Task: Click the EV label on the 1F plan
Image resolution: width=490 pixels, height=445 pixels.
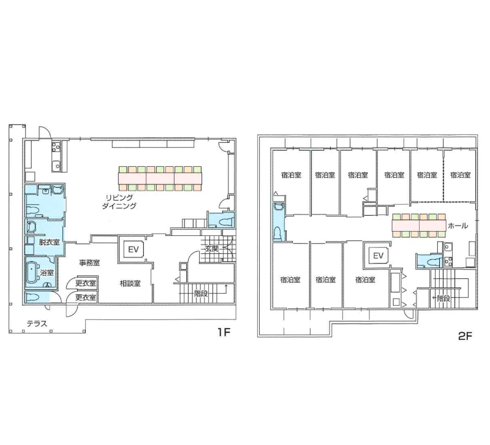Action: tap(134, 249)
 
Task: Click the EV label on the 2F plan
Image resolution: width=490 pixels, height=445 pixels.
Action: tap(378, 256)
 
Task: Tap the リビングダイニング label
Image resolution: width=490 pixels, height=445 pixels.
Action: tap(119, 202)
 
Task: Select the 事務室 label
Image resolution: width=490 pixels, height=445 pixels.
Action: tap(89, 263)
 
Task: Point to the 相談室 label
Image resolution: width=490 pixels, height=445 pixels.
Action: tap(130, 283)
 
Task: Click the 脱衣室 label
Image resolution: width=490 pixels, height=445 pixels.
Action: tap(49, 242)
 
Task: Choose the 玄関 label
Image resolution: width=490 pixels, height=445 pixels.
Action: tap(211, 249)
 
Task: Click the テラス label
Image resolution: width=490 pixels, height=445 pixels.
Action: tap(37, 324)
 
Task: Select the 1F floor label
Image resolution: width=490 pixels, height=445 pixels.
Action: tap(224, 332)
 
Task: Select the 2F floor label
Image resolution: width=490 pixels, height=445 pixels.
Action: tap(465, 336)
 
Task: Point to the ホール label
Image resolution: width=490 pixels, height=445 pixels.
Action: tap(458, 226)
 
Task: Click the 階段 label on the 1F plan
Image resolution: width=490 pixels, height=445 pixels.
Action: tap(201, 294)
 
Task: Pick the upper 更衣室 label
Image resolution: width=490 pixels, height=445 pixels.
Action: tap(86, 283)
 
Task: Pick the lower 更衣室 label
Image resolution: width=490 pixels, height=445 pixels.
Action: tap(86, 297)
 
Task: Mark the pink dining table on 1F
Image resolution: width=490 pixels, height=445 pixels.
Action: tap(160, 178)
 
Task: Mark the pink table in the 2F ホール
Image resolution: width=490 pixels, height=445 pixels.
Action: tap(419, 225)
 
